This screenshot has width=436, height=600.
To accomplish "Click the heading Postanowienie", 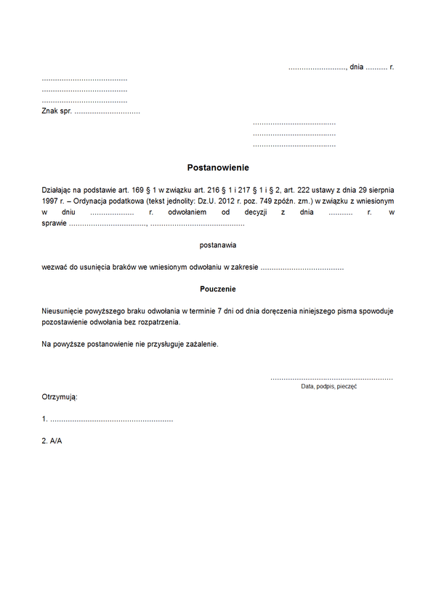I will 218,167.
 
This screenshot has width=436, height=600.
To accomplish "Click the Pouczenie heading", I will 218,289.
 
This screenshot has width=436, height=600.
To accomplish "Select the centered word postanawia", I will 218,245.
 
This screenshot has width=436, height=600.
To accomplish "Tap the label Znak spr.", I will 56,111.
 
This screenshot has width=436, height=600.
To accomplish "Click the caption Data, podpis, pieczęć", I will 328,387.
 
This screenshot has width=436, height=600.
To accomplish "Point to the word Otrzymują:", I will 60,397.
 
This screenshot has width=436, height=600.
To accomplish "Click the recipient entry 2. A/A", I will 52,441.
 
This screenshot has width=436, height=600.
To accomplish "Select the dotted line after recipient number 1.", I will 112,420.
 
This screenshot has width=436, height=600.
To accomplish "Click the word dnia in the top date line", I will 356,67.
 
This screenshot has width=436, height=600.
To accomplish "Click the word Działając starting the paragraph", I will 60,189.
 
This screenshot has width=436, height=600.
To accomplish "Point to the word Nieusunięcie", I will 65,311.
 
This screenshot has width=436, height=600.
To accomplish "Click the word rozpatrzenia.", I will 157,321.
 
